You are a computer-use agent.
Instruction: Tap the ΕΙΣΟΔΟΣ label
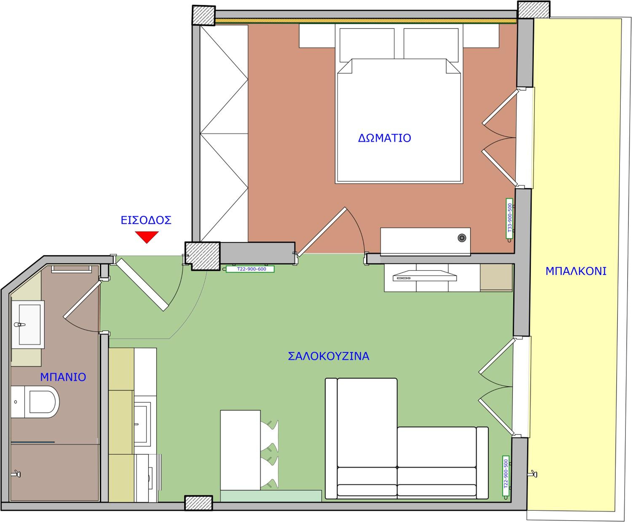(x=146, y=220)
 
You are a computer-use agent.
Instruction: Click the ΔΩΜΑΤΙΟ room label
(x=384, y=138)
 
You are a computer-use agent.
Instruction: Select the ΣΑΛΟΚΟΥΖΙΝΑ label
(x=328, y=356)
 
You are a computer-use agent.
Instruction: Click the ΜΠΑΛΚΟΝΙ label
(x=576, y=271)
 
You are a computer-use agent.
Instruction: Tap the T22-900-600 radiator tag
(x=250, y=269)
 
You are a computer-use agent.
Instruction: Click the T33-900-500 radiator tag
(x=509, y=218)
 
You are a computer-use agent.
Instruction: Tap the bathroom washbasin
(x=28, y=324)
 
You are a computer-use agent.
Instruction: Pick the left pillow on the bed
(x=367, y=45)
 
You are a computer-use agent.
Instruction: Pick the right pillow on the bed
(x=431, y=45)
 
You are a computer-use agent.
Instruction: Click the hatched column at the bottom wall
(x=198, y=503)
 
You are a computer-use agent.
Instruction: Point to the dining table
(x=240, y=450)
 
